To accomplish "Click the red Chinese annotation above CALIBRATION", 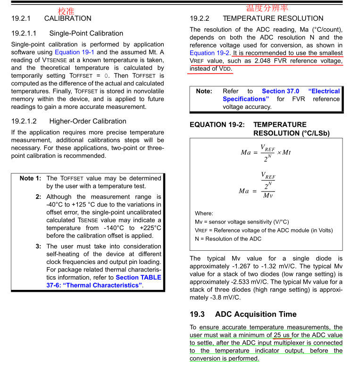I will (66, 11).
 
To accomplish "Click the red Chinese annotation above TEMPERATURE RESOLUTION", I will (267, 8).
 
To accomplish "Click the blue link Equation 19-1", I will (75, 52).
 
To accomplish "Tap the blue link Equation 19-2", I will (209, 53).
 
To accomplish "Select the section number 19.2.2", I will (200, 18).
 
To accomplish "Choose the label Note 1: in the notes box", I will (30, 178).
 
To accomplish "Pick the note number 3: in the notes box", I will (38, 246).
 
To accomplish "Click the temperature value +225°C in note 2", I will (151, 228).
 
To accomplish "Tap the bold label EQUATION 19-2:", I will (217, 124).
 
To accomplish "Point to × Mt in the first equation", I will (284, 152).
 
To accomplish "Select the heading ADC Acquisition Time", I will (256, 314).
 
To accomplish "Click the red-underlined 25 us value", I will (282, 335).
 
